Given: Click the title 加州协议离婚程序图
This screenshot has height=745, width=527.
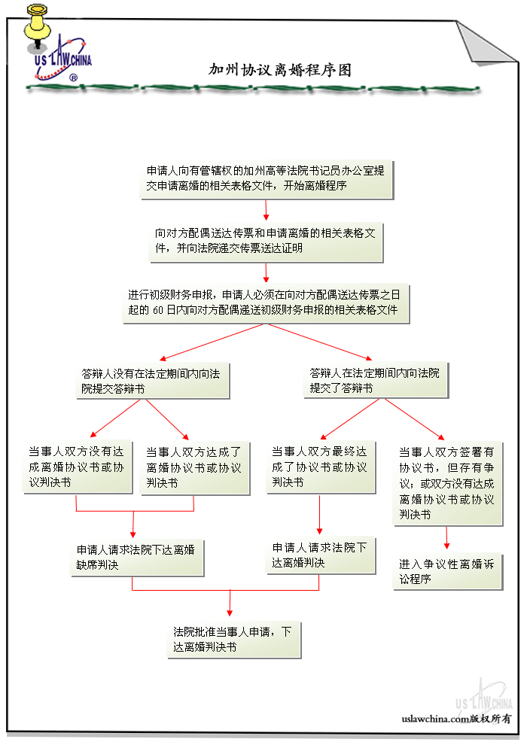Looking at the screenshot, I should point(280,70).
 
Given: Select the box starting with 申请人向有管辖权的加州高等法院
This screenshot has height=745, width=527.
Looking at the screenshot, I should point(267,178).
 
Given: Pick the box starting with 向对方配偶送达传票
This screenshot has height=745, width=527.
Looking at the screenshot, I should point(267,240).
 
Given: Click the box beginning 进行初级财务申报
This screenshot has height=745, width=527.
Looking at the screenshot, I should point(267,303).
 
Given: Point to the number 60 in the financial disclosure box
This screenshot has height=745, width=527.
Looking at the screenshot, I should point(159,310).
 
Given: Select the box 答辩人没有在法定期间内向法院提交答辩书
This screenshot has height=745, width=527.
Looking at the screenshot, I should point(154,381).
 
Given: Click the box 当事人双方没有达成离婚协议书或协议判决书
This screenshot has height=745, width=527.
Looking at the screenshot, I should point(75,467).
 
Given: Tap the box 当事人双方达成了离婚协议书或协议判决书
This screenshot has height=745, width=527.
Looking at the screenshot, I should point(194,467).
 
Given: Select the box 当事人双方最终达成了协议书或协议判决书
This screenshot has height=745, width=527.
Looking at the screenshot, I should point(320,467).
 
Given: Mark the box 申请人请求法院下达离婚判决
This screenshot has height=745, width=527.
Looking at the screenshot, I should point(320,555).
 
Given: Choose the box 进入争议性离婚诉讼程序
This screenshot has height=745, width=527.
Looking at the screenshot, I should point(447,571).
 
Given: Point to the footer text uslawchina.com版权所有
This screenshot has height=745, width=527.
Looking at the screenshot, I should point(456,719).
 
